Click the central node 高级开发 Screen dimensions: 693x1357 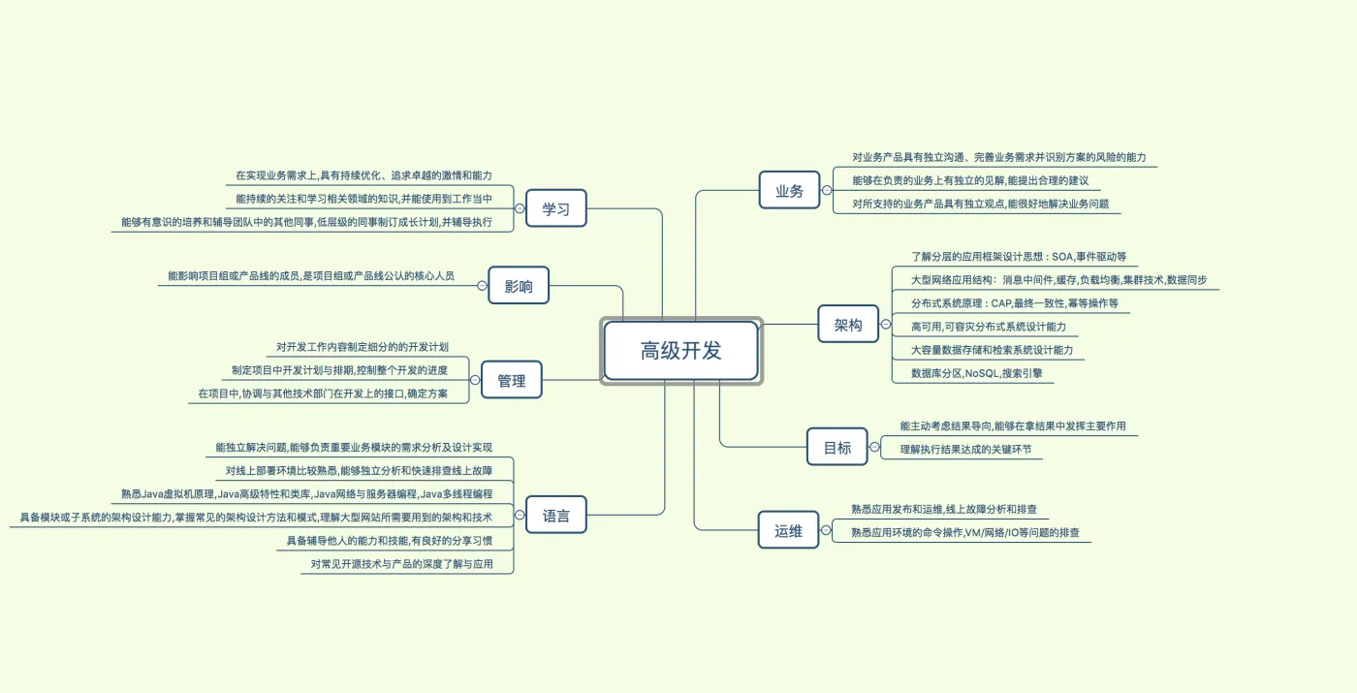point(680,351)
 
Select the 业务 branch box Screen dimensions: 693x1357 point(790,191)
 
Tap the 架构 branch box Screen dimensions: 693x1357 point(848,325)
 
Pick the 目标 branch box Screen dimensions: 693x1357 point(837,448)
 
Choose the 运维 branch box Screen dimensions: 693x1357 point(789,531)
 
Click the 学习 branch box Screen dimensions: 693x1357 point(556,208)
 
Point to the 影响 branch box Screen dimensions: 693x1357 point(519,286)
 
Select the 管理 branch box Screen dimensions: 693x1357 point(512,381)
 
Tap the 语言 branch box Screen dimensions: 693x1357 point(556,516)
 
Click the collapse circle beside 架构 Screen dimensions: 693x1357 point(885,325)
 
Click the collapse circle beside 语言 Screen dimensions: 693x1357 point(520,516)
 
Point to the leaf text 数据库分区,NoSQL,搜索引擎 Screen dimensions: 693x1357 point(976,373)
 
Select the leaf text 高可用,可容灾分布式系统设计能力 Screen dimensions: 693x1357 point(988,327)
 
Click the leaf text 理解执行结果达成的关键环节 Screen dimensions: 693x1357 point(965,450)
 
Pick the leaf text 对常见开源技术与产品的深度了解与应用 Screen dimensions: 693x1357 point(401,564)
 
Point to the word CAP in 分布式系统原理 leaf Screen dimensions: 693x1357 point(1001,303)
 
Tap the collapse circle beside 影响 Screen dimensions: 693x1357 point(482,286)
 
